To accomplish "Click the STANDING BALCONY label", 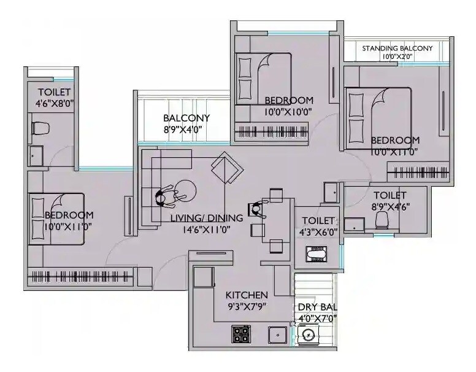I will click(397, 48).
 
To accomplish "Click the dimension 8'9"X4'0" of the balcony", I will click(186, 130).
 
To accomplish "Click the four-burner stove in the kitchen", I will click(241, 334).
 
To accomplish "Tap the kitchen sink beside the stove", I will click(278, 335).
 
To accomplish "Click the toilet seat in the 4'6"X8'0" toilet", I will click(40, 128).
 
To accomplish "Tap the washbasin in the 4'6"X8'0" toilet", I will click(36, 154).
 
